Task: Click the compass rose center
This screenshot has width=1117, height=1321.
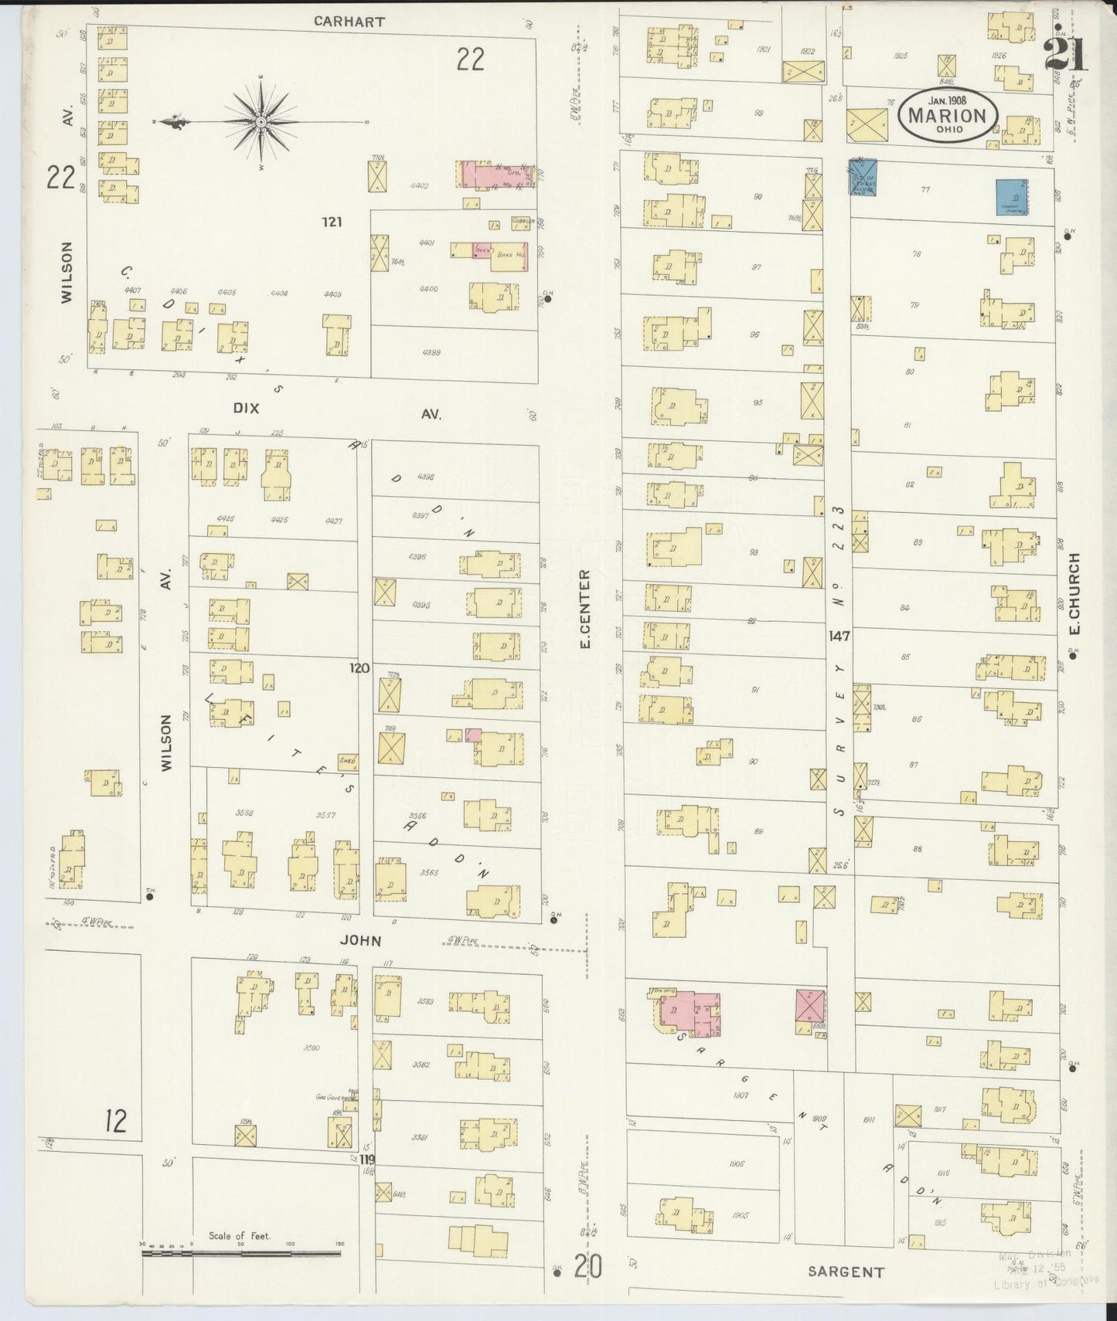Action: pyautogui.click(x=261, y=122)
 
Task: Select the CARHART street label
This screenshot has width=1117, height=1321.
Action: pyautogui.click(x=349, y=22)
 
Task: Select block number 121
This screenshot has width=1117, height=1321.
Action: pyautogui.click(x=332, y=222)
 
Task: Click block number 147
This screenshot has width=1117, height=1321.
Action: pyautogui.click(x=839, y=637)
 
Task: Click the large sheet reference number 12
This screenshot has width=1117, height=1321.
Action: pyautogui.click(x=115, y=1119)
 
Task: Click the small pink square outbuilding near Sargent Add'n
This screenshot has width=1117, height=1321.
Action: pyautogui.click(x=810, y=1007)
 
